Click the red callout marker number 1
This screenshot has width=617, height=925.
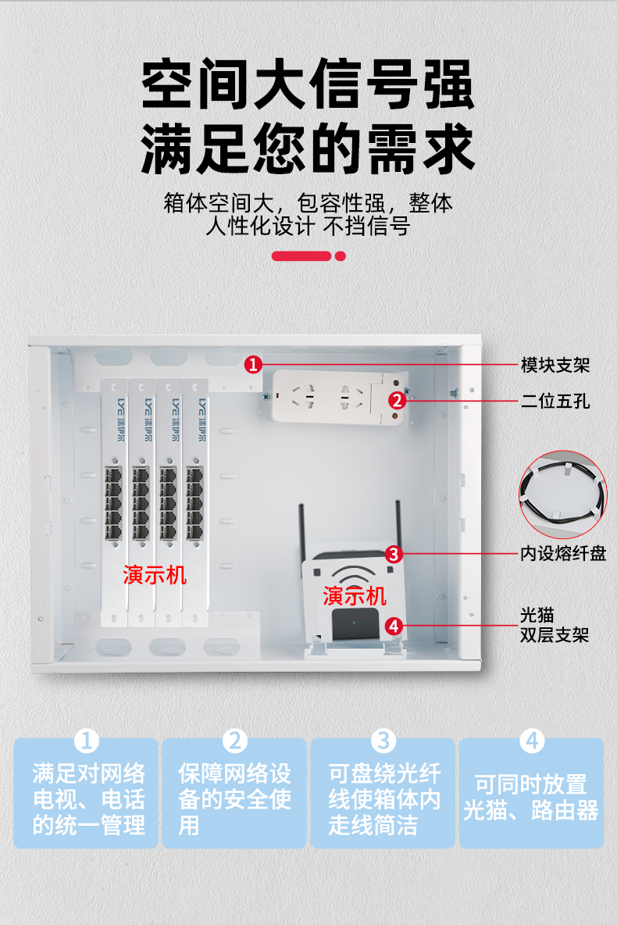point(253,365)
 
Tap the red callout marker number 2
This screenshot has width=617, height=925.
point(397,401)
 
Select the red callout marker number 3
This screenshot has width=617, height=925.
point(394,555)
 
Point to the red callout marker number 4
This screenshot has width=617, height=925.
point(394,626)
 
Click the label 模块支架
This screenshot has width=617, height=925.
point(555,365)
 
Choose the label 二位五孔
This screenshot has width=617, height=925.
point(555,401)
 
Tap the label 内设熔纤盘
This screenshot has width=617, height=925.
point(563,553)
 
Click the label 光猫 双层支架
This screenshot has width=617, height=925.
point(555,625)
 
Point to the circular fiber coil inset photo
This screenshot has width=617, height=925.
point(563,495)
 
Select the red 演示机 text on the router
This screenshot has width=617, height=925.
point(355,596)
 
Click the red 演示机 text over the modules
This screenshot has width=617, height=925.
point(155,574)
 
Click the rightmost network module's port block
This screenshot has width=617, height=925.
point(194,502)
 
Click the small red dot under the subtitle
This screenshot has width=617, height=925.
point(341,256)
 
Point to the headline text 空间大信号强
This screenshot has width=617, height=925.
point(308,84)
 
